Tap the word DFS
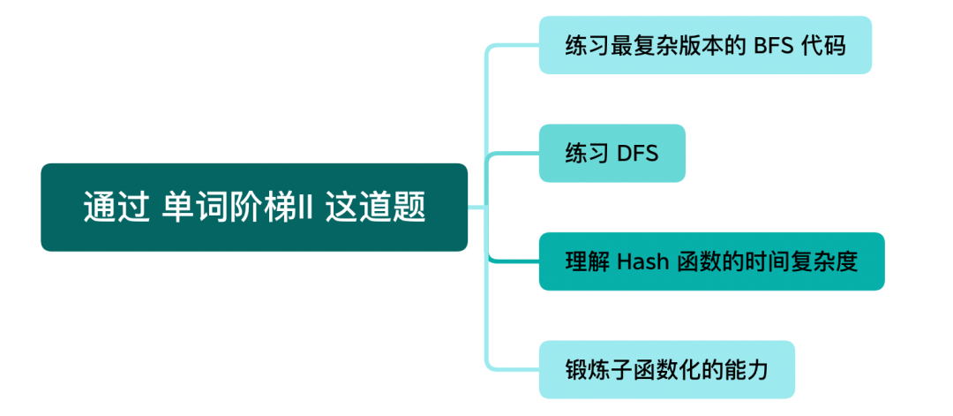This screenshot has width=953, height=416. coord(637,154)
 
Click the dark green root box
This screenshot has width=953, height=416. coord(254,208)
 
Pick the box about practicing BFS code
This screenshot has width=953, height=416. coord(705,45)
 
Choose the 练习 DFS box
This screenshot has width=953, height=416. coord(612,154)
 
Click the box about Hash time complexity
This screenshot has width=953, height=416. coord(711,262)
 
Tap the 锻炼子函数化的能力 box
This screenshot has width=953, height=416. coord(666,369)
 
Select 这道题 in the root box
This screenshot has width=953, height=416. coord(375,208)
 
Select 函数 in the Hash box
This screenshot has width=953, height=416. coord(698,262)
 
